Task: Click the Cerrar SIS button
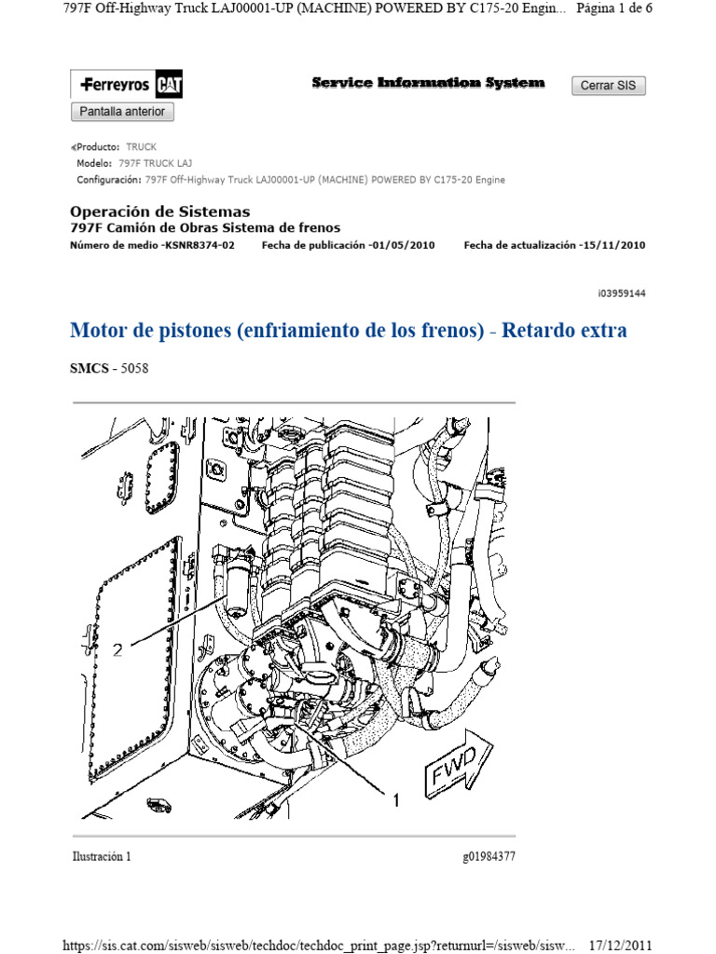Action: click(608, 86)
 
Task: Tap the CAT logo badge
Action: click(170, 86)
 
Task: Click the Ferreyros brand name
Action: click(115, 86)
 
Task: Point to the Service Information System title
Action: click(428, 83)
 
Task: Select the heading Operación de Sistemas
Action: click(160, 211)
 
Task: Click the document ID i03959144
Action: click(622, 293)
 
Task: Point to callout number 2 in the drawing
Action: click(117, 651)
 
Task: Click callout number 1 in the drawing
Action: click(395, 800)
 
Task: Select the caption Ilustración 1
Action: click(101, 856)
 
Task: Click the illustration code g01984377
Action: click(488, 856)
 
